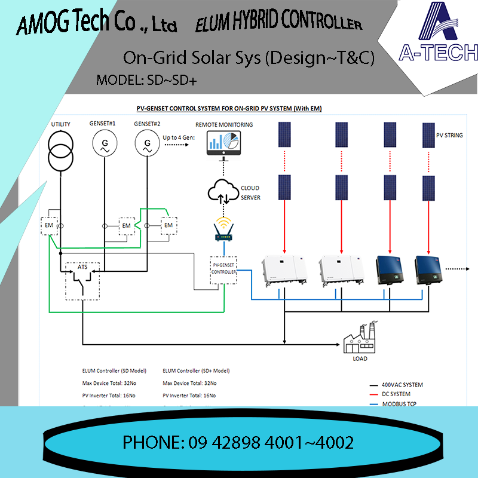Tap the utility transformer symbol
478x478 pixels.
[x=60, y=151]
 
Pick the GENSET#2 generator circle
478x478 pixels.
[x=145, y=144]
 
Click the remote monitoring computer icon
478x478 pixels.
[x=223, y=144]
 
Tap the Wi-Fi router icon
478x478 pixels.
[x=224, y=230]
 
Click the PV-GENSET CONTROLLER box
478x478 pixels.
[x=224, y=268]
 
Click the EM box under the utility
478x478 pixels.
[x=49, y=225]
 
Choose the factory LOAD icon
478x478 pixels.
[x=359, y=339]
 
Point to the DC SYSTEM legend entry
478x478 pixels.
[x=393, y=394]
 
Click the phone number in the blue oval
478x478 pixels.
[x=238, y=443]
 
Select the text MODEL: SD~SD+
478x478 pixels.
[x=146, y=80]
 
